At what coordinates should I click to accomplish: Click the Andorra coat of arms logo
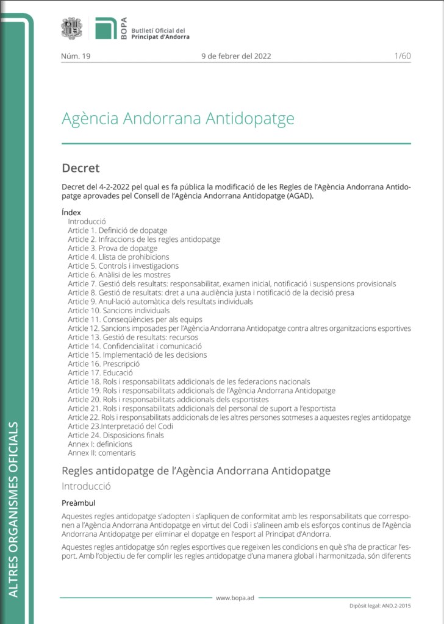(72, 29)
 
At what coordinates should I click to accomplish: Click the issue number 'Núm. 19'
(76, 56)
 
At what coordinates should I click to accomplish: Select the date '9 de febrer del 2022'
(236, 56)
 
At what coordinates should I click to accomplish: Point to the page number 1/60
(403, 56)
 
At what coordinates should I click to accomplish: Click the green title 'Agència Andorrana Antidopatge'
(177, 118)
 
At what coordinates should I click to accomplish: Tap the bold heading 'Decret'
(81, 168)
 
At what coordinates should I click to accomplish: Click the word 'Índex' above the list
(71, 213)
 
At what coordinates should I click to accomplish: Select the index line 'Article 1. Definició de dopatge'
(117, 231)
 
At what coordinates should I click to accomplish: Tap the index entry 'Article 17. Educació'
(100, 373)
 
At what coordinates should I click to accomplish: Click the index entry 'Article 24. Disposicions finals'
(116, 435)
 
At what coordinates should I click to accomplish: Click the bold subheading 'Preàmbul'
(78, 504)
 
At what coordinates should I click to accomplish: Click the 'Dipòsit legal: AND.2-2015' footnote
(380, 607)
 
